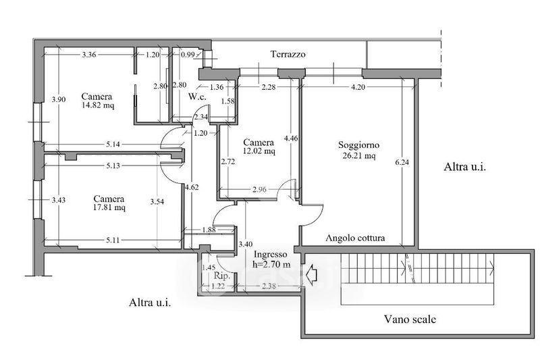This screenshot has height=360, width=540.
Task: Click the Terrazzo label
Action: point(288,55)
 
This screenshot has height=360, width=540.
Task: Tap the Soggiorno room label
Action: point(358,145)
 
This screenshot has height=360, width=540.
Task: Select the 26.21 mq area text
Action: point(359,156)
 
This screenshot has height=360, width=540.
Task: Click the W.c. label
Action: point(197,97)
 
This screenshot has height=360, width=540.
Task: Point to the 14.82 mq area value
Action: point(98,105)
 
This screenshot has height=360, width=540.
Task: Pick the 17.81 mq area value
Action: point(109,208)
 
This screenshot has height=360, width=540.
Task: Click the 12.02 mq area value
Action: point(259,151)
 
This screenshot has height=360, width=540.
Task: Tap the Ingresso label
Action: point(271,255)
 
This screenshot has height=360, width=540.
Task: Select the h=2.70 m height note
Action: point(271,265)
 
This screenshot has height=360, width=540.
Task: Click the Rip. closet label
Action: point(222,276)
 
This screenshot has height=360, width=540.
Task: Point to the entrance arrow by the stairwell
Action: point(311,275)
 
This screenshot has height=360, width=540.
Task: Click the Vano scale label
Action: point(410,319)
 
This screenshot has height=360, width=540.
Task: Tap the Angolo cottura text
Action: point(355,238)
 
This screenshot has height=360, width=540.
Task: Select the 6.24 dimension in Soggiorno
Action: point(402,162)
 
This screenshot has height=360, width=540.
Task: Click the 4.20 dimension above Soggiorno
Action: point(358,87)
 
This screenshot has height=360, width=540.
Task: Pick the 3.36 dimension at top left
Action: point(89,55)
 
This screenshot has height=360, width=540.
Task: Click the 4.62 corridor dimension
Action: point(192,187)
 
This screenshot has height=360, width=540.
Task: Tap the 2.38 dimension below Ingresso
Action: point(269,286)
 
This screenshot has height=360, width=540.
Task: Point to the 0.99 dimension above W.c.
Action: point(188,55)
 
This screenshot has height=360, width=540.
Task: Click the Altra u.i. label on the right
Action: point(464,167)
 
